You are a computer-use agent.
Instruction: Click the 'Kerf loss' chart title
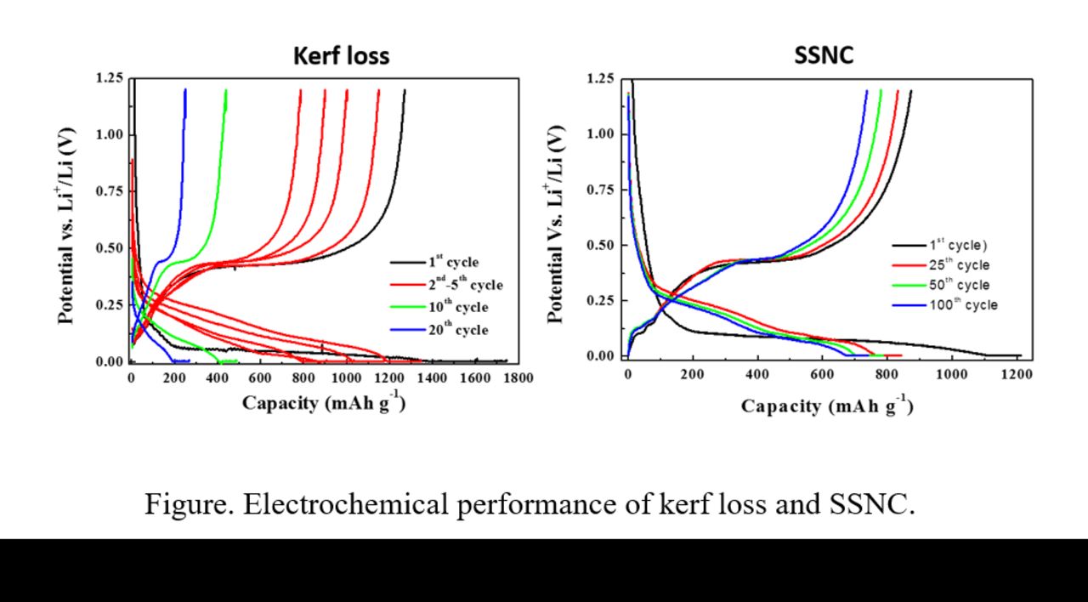[341, 56]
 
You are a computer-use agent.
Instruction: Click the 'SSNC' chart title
[823, 56]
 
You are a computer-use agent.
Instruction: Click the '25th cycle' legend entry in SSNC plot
[958, 265]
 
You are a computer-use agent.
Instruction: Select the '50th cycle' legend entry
[958, 285]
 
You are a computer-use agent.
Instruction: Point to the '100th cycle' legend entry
[961, 304]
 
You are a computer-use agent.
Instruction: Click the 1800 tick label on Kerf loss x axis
[518, 378]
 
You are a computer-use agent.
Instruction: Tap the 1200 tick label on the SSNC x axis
[1017, 373]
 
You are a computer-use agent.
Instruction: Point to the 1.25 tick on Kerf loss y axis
[110, 78]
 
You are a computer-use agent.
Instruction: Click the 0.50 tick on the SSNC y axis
[601, 246]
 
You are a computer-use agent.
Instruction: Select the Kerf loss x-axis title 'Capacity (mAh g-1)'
[323, 402]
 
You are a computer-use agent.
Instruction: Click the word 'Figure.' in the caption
[188, 504]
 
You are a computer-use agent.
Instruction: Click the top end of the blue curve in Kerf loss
[185, 90]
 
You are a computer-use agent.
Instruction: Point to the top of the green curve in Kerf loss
[226, 90]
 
